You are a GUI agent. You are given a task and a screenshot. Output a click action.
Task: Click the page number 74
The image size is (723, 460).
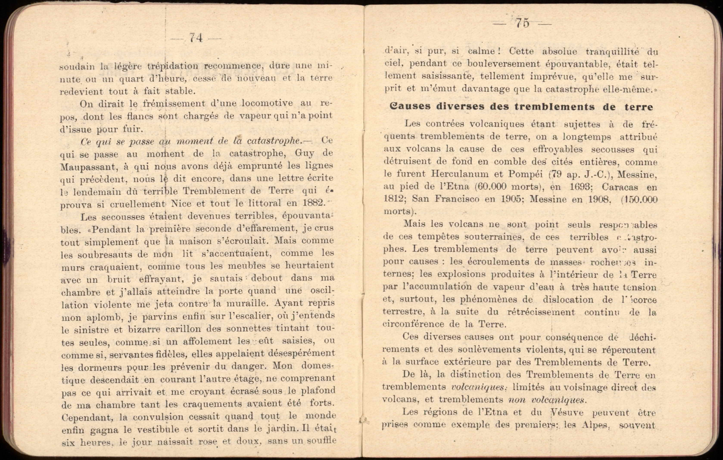tap(196, 38)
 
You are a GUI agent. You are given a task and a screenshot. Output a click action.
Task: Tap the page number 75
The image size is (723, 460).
tap(522, 23)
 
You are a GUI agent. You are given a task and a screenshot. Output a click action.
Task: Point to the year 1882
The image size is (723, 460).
tap(314, 203)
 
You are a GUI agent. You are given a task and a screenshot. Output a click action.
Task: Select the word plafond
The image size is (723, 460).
tap(318, 391)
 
